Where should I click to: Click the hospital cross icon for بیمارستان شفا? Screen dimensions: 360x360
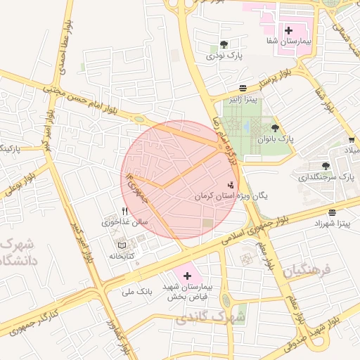[x=288, y=30]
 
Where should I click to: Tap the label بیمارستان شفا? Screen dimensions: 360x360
[x=288, y=42]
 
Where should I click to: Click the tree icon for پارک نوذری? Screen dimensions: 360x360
[x=224, y=44]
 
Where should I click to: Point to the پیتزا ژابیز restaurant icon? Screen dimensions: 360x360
[x=243, y=88]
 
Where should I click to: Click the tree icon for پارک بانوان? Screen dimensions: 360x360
[x=274, y=128]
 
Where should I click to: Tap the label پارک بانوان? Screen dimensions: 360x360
[x=274, y=139]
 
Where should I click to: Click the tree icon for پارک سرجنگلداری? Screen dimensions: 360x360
[x=325, y=166]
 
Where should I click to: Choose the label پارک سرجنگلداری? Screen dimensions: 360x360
[x=328, y=176]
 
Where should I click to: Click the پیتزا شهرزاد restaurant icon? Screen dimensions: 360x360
[x=331, y=212]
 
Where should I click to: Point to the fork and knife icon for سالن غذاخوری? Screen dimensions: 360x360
[x=124, y=211]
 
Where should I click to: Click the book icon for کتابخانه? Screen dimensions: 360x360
[x=122, y=245]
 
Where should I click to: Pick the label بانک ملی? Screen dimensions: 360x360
[x=136, y=290]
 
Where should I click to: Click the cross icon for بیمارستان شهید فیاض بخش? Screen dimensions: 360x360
[x=186, y=276]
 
